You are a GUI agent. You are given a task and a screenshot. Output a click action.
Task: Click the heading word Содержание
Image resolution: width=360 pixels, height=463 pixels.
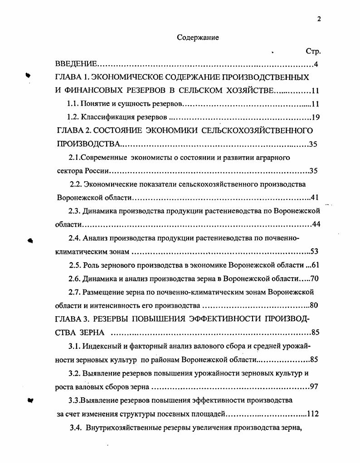point(198,38)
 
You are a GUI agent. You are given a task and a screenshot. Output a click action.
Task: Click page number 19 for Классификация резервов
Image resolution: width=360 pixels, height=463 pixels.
point(316,117)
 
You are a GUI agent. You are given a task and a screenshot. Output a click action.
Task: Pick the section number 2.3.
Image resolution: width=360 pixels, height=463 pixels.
point(74,211)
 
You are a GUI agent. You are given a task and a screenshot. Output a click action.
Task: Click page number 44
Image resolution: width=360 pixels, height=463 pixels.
point(316,224)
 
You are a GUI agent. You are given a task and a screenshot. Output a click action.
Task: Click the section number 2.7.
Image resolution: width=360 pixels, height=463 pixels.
point(74,292)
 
